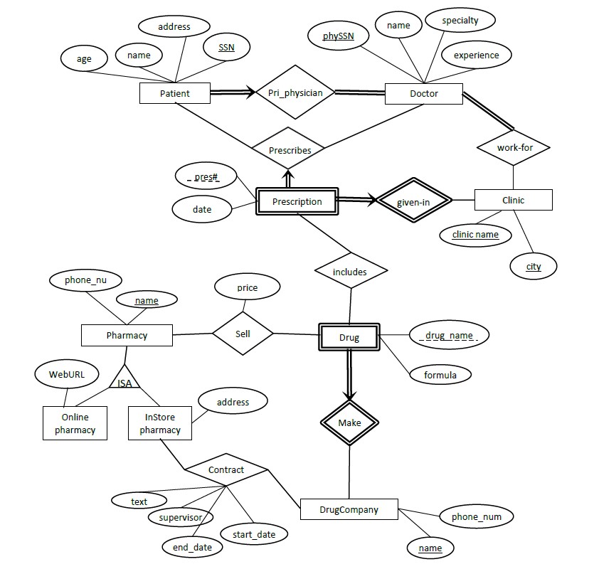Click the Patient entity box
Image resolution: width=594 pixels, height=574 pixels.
tap(175, 93)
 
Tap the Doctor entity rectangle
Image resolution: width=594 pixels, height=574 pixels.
tap(424, 93)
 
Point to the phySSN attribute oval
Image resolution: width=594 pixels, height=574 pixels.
tap(337, 36)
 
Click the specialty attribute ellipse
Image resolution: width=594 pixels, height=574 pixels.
tap(460, 21)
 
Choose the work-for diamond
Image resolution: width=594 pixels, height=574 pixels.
tap(514, 148)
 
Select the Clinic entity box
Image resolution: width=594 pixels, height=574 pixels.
tap(513, 200)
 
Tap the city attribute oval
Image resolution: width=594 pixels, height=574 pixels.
tap(534, 267)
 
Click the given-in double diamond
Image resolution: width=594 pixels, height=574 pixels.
tap(413, 201)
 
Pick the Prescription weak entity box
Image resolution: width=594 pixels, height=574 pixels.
tap(297, 201)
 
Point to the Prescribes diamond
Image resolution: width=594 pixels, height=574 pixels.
tap(290, 150)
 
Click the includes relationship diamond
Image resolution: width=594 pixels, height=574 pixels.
tap(350, 271)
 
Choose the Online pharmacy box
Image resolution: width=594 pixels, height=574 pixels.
tap(75, 423)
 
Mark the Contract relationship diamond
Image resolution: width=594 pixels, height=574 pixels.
tap(226, 469)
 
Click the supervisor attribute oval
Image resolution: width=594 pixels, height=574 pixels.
tap(181, 517)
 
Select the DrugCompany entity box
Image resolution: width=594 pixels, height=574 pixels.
tap(349, 509)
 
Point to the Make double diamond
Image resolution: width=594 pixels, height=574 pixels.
tap(349, 422)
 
